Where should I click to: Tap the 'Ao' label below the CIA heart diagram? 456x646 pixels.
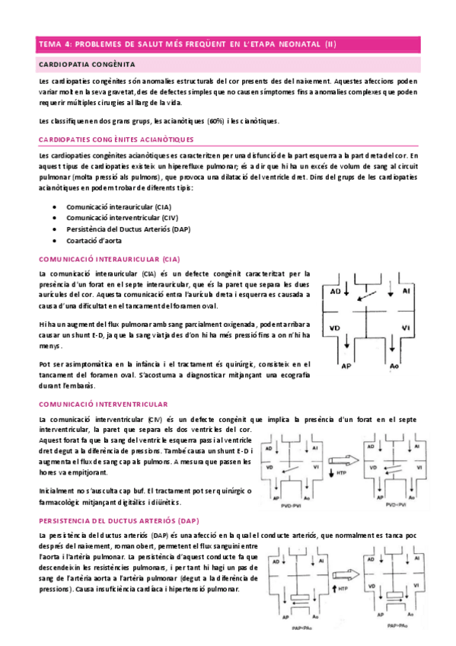pos(394,366)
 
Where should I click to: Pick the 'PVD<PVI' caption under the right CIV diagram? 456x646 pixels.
pos(395,505)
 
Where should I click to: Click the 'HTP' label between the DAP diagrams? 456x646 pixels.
pos(343,589)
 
